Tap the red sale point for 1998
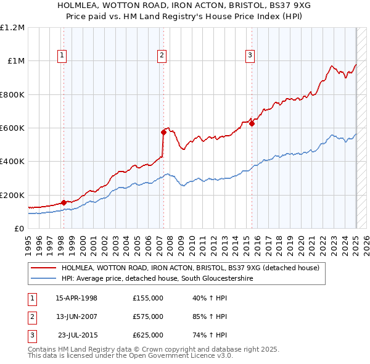point(64,202)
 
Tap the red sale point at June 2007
point(164,131)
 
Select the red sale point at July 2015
point(252,123)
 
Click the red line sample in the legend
point(44,268)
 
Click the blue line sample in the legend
point(44,279)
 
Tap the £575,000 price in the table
point(148,316)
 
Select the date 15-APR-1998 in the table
point(76,298)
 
